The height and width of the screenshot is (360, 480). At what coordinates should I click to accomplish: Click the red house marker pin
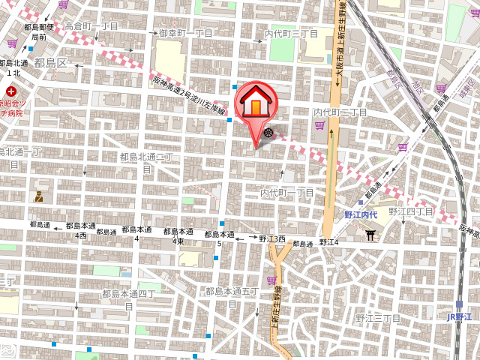[256, 105]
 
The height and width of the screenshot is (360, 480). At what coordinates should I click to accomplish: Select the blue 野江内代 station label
[361, 215]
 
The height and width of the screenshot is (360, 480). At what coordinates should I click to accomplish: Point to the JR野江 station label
[459, 317]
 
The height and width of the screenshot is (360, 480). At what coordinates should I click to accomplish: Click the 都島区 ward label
[50, 63]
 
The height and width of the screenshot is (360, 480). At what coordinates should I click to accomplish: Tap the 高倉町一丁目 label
[91, 25]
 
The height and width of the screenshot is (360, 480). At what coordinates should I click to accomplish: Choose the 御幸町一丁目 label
[186, 34]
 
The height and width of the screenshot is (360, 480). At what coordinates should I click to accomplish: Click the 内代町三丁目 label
[292, 34]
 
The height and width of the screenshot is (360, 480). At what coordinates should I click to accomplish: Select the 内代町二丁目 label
[340, 112]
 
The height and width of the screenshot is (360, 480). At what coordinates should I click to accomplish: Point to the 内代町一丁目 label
[287, 193]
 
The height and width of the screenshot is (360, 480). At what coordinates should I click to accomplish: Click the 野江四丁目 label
[411, 211]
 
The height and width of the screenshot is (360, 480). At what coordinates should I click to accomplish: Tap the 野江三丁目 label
[378, 318]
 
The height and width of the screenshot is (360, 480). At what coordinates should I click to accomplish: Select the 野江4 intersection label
[329, 242]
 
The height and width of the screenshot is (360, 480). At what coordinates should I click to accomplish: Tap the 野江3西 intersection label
[273, 238]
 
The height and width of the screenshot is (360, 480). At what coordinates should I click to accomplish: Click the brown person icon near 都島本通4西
[38, 197]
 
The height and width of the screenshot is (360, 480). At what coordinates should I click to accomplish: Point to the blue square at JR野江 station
[459, 304]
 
